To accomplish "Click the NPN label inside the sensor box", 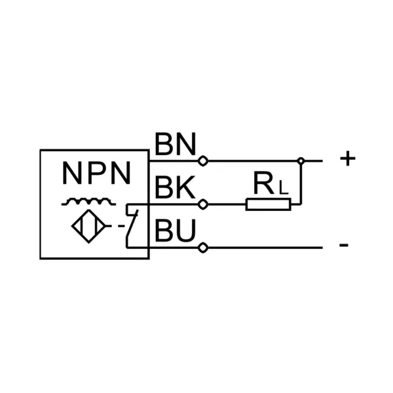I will click(x=96, y=173).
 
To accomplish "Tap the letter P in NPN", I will click(x=96, y=173).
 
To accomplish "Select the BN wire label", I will click(x=176, y=144).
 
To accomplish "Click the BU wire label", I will click(x=175, y=232).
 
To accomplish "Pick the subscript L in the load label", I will click(x=282, y=189).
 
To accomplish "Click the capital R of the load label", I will click(x=263, y=186).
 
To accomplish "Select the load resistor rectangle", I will click(x=269, y=204).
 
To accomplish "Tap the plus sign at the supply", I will click(x=348, y=159).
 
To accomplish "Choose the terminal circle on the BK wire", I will click(x=203, y=204).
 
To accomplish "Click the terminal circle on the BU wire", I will click(x=203, y=248).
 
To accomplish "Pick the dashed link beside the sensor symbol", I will click(x=121, y=227).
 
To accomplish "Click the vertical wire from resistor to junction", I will click(x=301, y=183).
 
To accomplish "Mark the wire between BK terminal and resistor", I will click(x=226, y=204).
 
